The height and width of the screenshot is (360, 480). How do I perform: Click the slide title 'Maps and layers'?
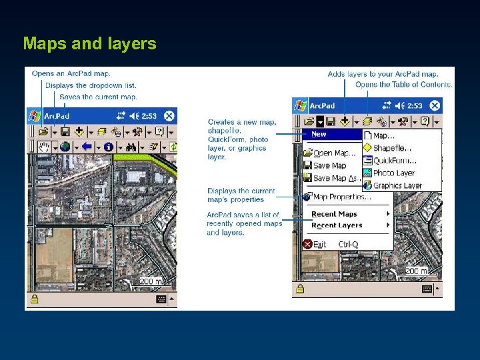89,44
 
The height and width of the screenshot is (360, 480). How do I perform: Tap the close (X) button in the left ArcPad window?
169,115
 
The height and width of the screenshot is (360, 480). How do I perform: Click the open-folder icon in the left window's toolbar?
43,131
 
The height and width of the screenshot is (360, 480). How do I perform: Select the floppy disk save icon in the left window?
65,131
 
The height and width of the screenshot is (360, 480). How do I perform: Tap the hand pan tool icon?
45,147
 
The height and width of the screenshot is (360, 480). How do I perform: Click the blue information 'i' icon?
108,147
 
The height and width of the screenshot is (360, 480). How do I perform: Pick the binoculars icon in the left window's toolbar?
131,147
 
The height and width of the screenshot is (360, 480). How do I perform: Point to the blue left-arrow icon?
87,147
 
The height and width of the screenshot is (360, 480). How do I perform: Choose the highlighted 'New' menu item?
320,135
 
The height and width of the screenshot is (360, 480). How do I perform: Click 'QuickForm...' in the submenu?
394,161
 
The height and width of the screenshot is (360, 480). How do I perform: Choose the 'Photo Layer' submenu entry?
393,173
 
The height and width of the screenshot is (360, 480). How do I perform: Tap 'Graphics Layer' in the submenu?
397,185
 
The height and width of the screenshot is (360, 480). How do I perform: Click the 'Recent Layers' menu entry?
337,225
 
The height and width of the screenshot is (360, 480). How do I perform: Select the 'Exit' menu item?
319,244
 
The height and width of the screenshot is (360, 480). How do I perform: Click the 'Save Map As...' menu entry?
333,178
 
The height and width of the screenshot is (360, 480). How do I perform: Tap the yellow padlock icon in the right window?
300,289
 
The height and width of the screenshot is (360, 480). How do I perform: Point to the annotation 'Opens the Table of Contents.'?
404,85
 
